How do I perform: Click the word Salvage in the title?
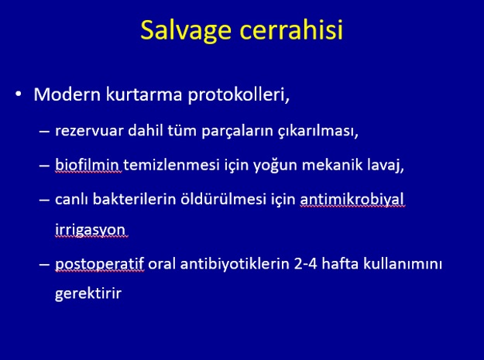tap(186, 31)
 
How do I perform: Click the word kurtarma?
tap(144, 94)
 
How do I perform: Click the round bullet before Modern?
tap(19, 94)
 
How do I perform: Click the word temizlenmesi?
tap(171, 165)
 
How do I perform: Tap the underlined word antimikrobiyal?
tap(352, 200)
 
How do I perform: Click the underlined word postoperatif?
tap(99, 265)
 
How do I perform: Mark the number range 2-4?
tap(305, 264)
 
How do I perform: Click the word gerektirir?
tap(88, 293)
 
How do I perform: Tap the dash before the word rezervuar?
tap(44, 132)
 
